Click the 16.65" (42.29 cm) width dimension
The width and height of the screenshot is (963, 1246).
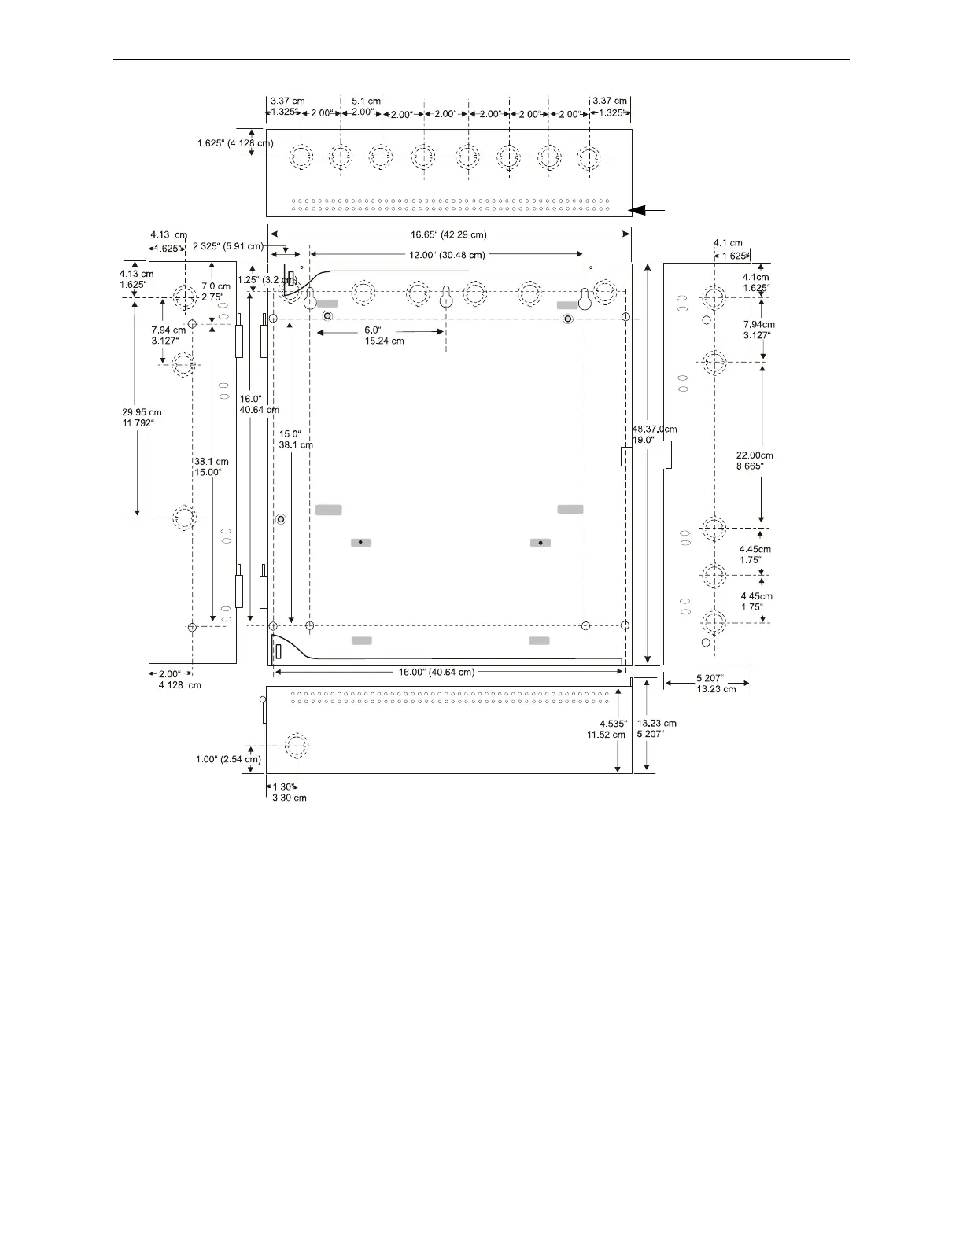point(448,234)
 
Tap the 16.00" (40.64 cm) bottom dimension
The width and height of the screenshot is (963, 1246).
point(436,673)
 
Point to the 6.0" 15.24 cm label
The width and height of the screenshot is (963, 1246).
point(384,336)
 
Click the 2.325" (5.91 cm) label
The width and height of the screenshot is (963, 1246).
point(227,246)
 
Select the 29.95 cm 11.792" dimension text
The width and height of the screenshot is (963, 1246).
point(142,418)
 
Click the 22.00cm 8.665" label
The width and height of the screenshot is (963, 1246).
point(755,460)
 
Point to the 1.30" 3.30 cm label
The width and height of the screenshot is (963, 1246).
point(288,792)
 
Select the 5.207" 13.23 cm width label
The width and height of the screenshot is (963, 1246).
point(716,684)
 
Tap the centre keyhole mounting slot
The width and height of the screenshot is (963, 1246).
point(446,297)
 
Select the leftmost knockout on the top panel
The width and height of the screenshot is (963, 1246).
point(301,157)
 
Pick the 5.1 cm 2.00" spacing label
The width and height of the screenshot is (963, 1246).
point(364,107)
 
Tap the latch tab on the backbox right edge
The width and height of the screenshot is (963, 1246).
point(627,457)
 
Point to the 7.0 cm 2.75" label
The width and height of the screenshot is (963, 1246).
point(216,292)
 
